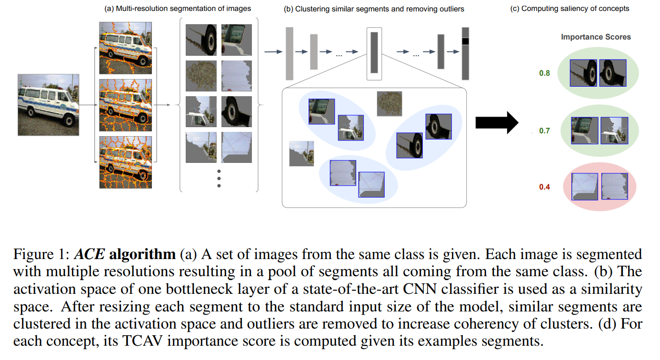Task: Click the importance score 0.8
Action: [544, 73]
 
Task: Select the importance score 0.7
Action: [544, 130]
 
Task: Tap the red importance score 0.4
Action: [544, 187]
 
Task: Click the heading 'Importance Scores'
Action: [596, 37]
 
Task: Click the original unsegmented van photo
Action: [49, 105]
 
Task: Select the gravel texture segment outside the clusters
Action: [389, 104]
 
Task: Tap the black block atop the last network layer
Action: [465, 41]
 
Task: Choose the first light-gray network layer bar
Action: [289, 53]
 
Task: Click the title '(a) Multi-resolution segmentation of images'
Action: [178, 9]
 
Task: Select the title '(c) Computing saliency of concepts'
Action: [570, 9]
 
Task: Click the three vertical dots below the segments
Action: [219, 178]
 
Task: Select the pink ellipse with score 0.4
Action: [600, 186]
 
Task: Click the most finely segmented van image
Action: [126, 162]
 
